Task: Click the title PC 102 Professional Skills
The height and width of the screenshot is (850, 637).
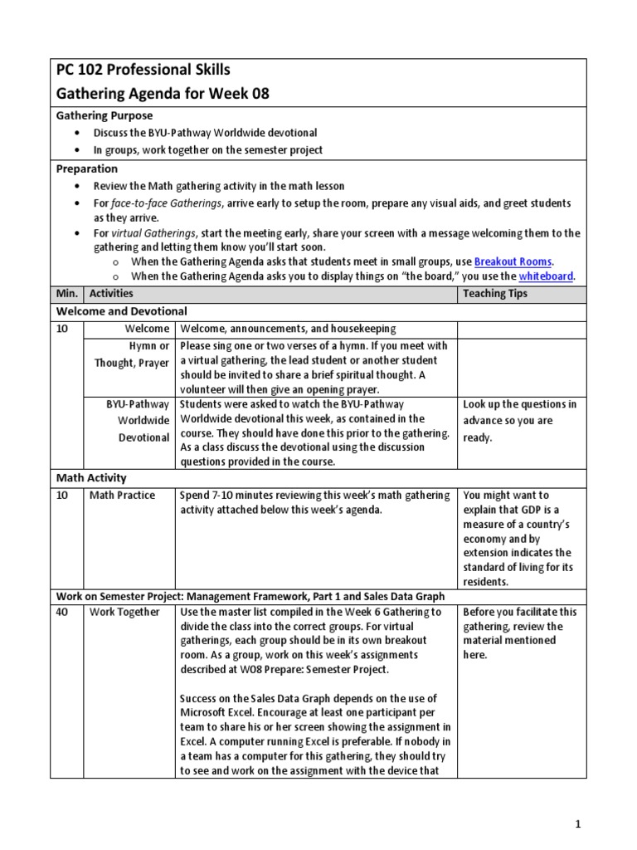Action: [x=143, y=70]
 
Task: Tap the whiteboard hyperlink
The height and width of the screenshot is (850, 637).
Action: [x=546, y=276]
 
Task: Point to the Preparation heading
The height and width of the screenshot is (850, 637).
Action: [x=86, y=169]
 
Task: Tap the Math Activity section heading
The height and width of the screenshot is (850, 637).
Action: [x=91, y=478]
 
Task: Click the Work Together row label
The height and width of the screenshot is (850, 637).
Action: [x=124, y=613]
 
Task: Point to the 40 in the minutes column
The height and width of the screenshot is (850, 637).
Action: [x=63, y=613]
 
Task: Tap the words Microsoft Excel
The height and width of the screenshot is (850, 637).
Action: [x=219, y=711]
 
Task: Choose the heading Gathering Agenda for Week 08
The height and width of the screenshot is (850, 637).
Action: [x=163, y=94]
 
